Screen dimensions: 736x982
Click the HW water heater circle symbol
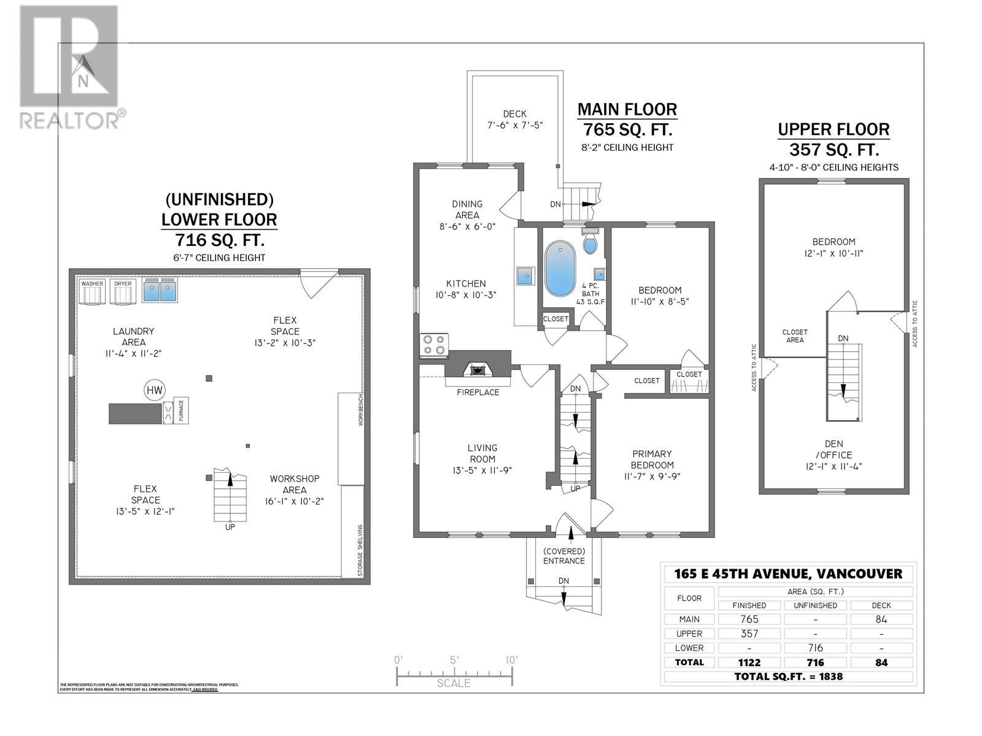(x=155, y=389)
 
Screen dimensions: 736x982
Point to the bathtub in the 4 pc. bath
(x=560, y=269)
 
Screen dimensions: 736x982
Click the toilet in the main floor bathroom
(x=590, y=243)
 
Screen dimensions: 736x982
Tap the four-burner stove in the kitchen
(x=434, y=345)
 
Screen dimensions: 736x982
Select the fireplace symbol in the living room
(x=477, y=370)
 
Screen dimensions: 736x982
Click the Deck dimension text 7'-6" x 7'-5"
(x=514, y=125)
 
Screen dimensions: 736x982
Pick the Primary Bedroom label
(x=652, y=459)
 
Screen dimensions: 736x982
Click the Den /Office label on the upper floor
(x=833, y=449)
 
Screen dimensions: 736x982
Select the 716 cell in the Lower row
(x=815, y=648)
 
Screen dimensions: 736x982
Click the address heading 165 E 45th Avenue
(x=787, y=574)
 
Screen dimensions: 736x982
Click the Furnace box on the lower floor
(x=182, y=410)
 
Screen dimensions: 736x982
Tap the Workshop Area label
(x=295, y=484)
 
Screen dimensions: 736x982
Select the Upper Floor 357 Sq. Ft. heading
(x=833, y=139)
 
